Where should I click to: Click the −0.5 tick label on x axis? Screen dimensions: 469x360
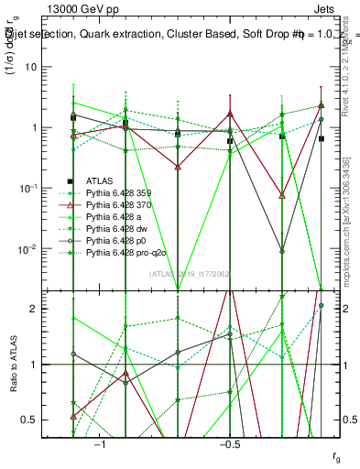(229, 442)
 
